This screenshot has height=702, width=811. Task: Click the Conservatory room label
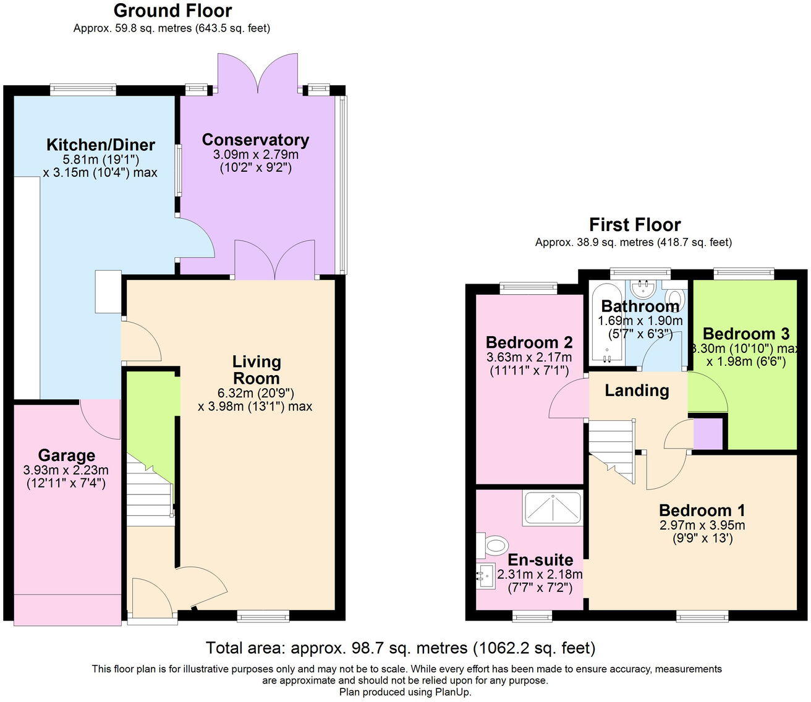(255, 140)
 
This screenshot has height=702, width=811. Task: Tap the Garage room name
(67, 455)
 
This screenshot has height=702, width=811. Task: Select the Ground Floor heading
(172, 11)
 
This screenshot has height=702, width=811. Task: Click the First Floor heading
(634, 224)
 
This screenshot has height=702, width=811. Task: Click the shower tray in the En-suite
(552, 509)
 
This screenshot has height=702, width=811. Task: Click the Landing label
(636, 391)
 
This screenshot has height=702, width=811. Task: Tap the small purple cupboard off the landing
(708, 434)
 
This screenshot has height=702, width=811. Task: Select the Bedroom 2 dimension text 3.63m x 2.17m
(530, 357)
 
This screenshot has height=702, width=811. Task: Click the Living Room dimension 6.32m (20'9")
(255, 392)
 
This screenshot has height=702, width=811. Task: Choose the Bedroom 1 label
(702, 510)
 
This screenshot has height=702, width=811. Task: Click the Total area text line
(401, 648)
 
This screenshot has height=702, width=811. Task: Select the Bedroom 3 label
(745, 334)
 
